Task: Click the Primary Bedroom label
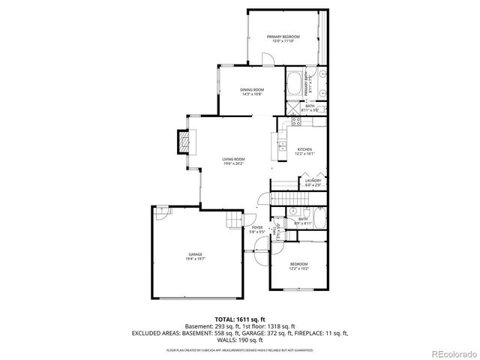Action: pos(283,37)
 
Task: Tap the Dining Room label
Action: pos(252,89)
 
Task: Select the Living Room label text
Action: pos(233,159)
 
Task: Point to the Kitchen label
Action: pos(304,149)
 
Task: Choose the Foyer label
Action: pos(257,227)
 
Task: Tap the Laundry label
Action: pos(313,180)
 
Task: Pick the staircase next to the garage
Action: pos(234,219)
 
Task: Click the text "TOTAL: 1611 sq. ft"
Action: pos(240,319)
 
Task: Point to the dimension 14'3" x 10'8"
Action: pos(252,94)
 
